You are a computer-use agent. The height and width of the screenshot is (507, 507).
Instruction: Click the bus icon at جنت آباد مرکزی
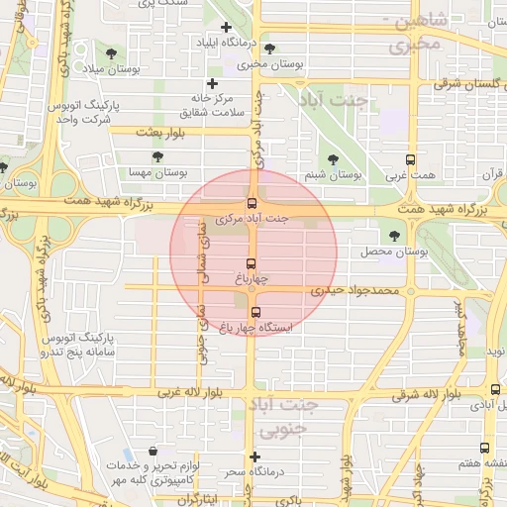[x=253, y=203]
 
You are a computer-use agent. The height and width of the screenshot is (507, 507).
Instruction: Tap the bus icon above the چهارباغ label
[x=251, y=264]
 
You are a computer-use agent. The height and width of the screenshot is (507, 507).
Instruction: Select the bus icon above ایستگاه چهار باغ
[x=256, y=313]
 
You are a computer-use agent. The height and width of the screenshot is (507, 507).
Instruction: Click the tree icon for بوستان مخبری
[x=270, y=49]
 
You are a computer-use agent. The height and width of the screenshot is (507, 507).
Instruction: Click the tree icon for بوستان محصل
[x=395, y=236]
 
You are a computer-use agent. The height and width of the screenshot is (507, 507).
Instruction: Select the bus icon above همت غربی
[x=410, y=159]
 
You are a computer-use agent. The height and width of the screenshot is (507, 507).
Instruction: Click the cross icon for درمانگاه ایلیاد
[x=227, y=28]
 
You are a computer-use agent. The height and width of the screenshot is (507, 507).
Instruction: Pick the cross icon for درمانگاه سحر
[x=255, y=457]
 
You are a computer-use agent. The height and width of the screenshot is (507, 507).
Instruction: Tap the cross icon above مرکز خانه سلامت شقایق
[x=212, y=84]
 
